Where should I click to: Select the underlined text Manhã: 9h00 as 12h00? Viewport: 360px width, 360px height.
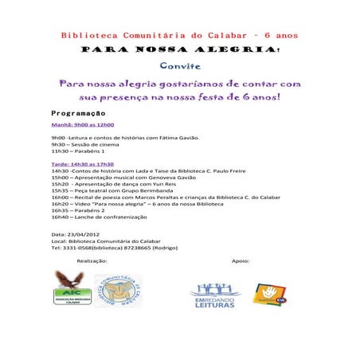tap(83, 125)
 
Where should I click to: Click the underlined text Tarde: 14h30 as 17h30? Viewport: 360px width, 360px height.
tap(83, 163)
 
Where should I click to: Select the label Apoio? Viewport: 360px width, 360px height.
tap(241, 260)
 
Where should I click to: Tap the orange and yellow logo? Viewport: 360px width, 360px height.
tap(270, 293)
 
